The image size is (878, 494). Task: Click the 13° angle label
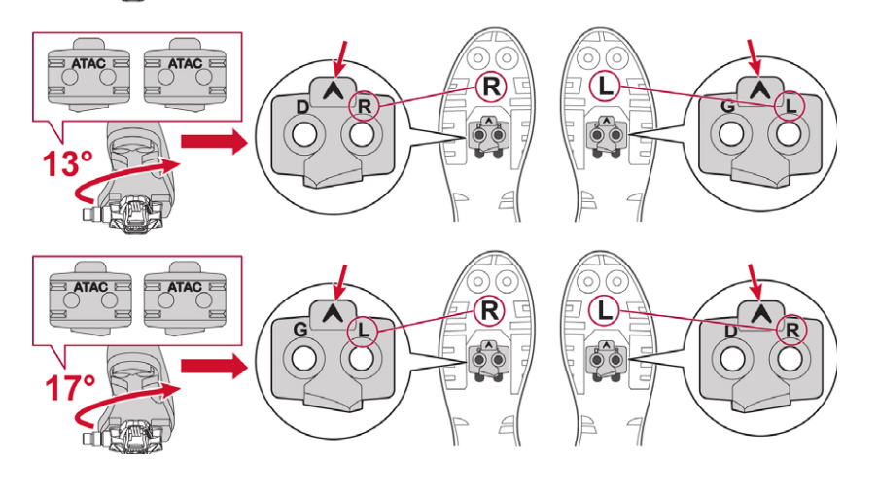68,163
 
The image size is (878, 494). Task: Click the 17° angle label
70,388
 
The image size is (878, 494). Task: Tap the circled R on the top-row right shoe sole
490,87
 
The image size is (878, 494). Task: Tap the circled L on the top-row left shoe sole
605,87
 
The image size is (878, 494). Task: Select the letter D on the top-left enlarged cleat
301,106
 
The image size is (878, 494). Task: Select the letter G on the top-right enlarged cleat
727,105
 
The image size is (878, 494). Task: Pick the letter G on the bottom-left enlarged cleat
300,330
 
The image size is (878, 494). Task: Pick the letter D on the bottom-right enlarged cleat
729,332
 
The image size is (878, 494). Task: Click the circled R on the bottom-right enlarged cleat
791,330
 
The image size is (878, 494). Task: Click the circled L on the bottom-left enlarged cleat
363,331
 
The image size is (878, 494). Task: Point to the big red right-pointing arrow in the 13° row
214,142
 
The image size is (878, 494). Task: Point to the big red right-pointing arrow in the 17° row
214,367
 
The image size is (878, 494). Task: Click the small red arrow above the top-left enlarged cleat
340,58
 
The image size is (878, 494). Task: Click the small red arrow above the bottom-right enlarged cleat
756,283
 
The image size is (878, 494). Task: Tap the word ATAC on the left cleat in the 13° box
88,63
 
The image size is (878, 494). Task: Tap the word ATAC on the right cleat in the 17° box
185,287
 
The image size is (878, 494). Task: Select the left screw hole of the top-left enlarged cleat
304,135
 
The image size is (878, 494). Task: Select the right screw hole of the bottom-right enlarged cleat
790,359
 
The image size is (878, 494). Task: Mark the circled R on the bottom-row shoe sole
489,311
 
